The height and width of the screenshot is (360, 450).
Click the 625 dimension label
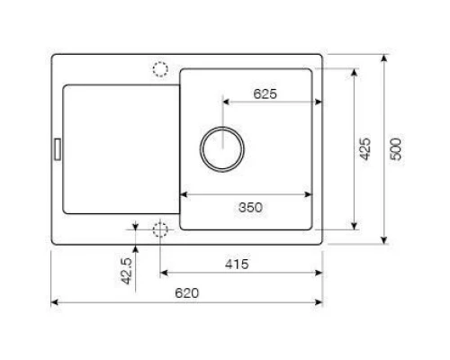tap(264, 94)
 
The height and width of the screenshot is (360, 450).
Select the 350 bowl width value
tap(250, 207)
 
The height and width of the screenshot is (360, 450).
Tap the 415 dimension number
tap(237, 264)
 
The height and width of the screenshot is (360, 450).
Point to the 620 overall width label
tap(186, 293)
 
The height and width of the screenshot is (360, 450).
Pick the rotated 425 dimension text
tap(364, 149)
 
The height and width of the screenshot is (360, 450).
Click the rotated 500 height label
tap(396, 149)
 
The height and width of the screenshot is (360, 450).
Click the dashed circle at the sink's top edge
tap(161, 68)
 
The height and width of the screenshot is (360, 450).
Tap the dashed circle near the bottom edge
tap(161, 229)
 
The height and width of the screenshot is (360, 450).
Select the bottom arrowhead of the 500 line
tap(385, 241)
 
